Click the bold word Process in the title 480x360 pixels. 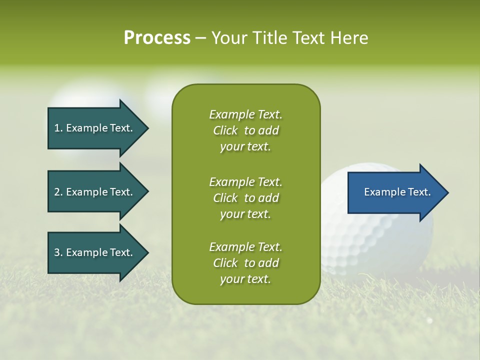pos(157,38)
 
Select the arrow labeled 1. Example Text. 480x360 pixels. pos(95,128)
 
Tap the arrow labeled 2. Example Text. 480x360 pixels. pos(95,192)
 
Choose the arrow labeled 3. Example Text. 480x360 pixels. pos(95,252)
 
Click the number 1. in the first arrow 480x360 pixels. pos(58,128)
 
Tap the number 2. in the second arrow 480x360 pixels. pos(58,192)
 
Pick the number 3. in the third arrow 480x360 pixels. pos(58,252)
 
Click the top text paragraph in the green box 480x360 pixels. pos(245,130)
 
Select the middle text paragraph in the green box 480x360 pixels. pos(245,198)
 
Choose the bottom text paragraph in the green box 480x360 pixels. pos(245,263)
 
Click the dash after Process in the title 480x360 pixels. pos(200,38)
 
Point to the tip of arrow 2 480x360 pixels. pos(147,192)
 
